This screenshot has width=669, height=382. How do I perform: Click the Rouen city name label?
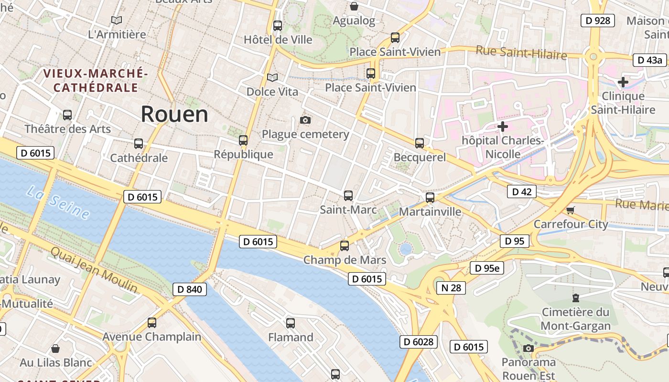click(174, 115)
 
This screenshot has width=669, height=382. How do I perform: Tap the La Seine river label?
click(58, 202)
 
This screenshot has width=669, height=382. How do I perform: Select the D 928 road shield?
click(597, 20)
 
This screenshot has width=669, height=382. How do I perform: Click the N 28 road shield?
click(451, 287)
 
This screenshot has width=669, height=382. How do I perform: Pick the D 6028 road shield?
click(418, 341)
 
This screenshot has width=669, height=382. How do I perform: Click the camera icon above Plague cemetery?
click(305, 120)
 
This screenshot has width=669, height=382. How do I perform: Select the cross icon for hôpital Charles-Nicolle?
click(502, 127)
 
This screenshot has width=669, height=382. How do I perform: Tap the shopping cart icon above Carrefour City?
click(570, 210)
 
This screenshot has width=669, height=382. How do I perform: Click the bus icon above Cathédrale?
click(139, 144)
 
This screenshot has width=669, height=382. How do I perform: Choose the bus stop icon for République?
click(243, 140)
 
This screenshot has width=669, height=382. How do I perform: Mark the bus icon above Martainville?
click(430, 198)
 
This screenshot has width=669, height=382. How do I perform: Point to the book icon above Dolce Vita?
click(272, 77)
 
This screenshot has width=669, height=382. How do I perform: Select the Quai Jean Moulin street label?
click(94, 270)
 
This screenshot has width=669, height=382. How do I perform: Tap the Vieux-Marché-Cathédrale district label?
click(95, 80)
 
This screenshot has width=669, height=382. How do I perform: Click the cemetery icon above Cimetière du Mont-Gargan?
click(576, 298)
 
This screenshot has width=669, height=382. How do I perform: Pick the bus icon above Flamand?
click(291, 323)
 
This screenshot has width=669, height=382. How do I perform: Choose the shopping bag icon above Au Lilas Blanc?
click(55, 349)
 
